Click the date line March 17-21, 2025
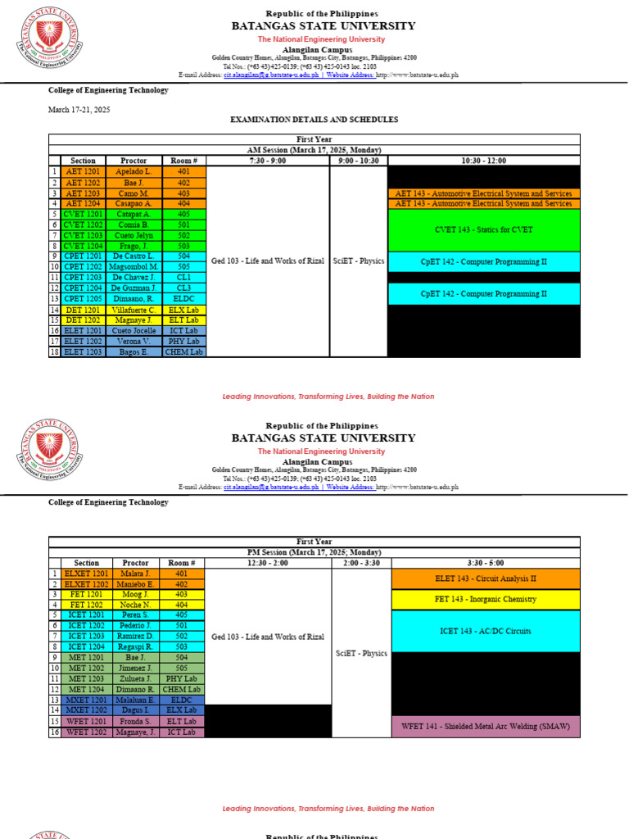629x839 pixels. point(79,109)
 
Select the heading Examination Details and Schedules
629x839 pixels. point(314,120)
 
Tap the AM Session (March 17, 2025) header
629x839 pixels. point(314,150)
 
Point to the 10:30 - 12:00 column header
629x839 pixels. point(483,161)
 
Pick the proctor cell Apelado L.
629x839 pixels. point(133,171)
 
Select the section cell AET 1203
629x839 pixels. point(83,193)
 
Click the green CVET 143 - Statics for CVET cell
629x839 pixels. point(483,229)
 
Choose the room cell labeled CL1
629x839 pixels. point(183,278)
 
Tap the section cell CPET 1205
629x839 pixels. point(83,299)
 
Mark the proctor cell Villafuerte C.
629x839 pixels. point(133,310)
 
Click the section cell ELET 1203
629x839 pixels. point(83,351)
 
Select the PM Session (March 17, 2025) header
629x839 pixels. point(314,552)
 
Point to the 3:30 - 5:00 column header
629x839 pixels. point(486,563)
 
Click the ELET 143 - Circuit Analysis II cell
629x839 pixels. point(486,578)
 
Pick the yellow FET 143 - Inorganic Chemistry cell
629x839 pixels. point(486,599)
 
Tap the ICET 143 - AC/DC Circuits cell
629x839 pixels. point(486,631)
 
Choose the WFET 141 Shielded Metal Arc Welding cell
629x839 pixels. point(486,726)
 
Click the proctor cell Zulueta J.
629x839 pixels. point(135,679)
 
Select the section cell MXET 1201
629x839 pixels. point(86,701)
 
